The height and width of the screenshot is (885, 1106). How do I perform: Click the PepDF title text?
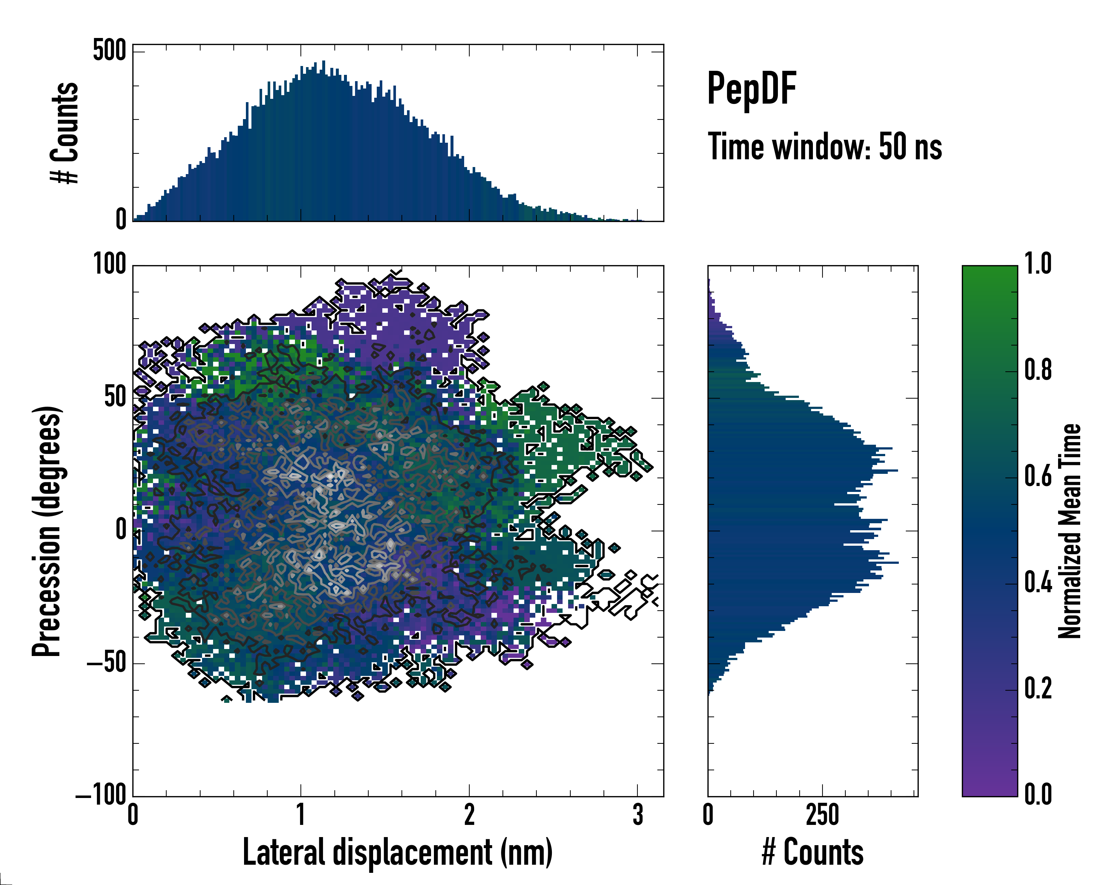(x=751, y=89)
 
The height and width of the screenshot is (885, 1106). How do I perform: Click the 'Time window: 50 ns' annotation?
(x=824, y=147)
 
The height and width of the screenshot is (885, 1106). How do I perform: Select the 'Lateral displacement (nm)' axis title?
(x=397, y=852)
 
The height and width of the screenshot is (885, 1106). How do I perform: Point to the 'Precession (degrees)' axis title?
(x=47, y=531)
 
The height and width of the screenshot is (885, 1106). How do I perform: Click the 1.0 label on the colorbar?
(x=1038, y=264)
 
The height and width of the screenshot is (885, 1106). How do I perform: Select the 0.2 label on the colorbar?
(x=1038, y=689)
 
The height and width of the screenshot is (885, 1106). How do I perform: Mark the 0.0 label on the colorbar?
(x=1038, y=795)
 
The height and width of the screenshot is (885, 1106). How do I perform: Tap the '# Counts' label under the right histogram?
(x=813, y=852)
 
